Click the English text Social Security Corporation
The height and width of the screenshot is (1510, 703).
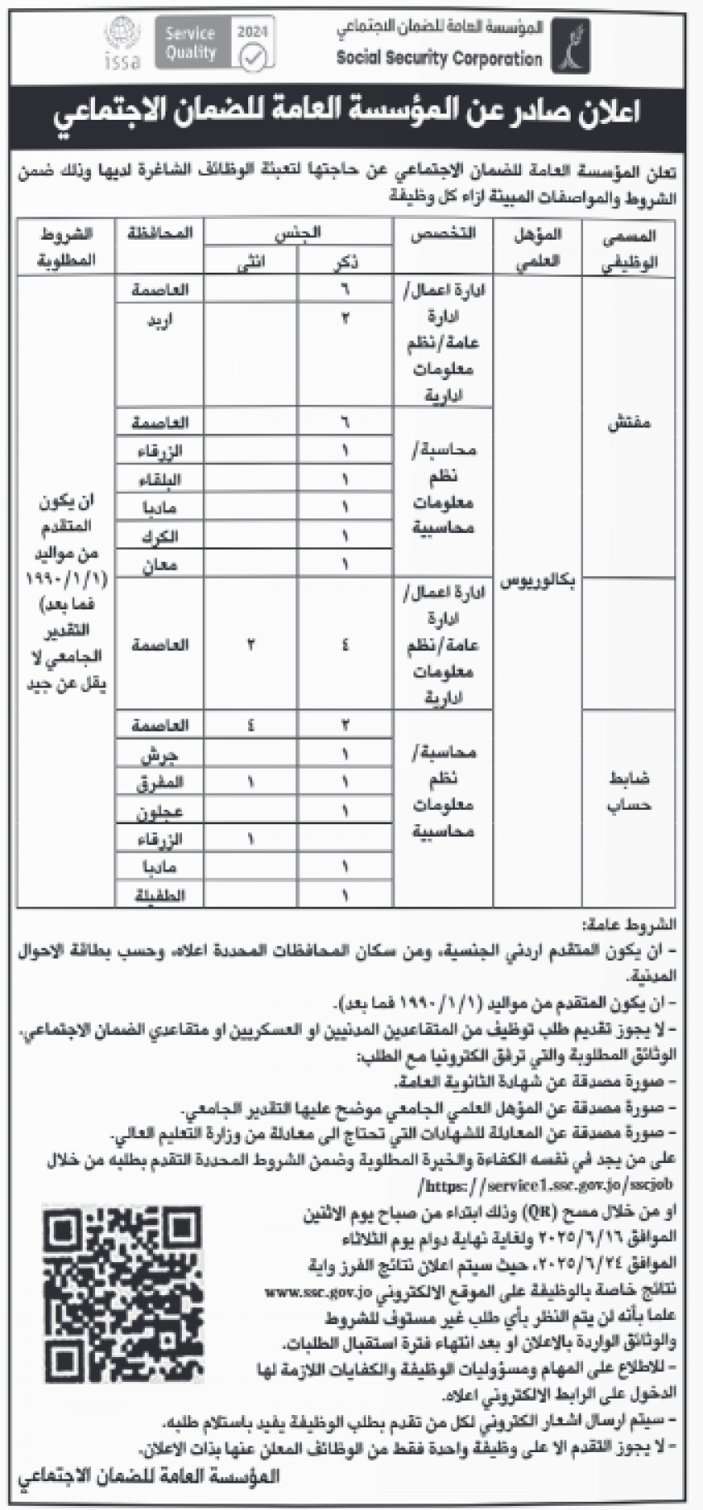click(438, 59)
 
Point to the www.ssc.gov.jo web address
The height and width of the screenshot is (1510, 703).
click(322, 1289)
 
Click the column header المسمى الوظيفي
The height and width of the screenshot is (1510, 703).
click(628, 249)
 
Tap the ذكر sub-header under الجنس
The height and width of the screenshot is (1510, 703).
click(346, 262)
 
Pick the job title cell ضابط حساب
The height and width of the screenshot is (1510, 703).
click(628, 790)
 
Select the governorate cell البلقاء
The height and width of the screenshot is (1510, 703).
click(166, 479)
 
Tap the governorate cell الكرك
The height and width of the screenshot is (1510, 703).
click(166, 536)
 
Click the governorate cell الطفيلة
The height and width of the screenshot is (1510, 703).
click(166, 894)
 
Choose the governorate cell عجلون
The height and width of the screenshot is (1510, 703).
click(166, 812)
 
